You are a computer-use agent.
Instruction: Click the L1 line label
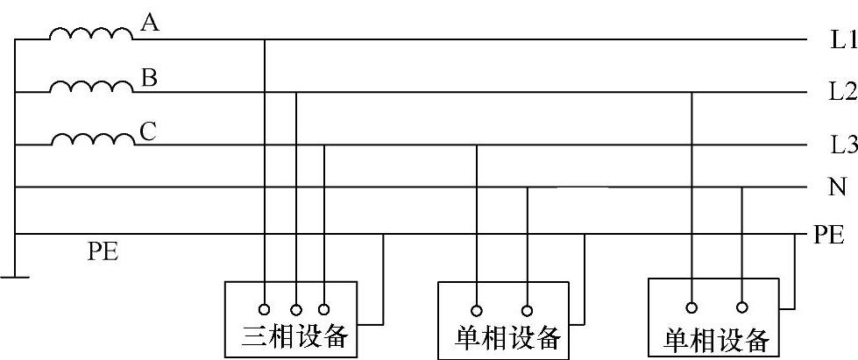click(x=842, y=39)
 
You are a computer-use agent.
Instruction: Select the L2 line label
click(x=842, y=91)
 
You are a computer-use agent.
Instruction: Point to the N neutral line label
click(x=836, y=187)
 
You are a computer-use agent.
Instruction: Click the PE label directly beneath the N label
click(x=829, y=235)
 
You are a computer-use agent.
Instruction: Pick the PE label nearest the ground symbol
click(x=103, y=254)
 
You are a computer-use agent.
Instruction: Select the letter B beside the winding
click(x=149, y=79)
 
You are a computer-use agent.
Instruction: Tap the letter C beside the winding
click(x=148, y=131)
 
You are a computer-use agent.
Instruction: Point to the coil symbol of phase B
click(x=92, y=87)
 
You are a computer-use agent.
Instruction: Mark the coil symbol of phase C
click(x=92, y=140)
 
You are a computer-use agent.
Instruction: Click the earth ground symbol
click(x=15, y=278)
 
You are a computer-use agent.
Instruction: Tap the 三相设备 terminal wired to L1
click(x=266, y=308)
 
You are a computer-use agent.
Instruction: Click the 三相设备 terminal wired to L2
click(x=296, y=308)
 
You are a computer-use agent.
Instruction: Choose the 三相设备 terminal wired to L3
click(x=324, y=308)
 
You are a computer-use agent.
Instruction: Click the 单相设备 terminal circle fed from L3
click(x=477, y=309)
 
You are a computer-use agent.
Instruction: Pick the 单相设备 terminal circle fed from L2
click(x=691, y=307)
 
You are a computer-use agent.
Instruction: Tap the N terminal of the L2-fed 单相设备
click(x=741, y=307)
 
